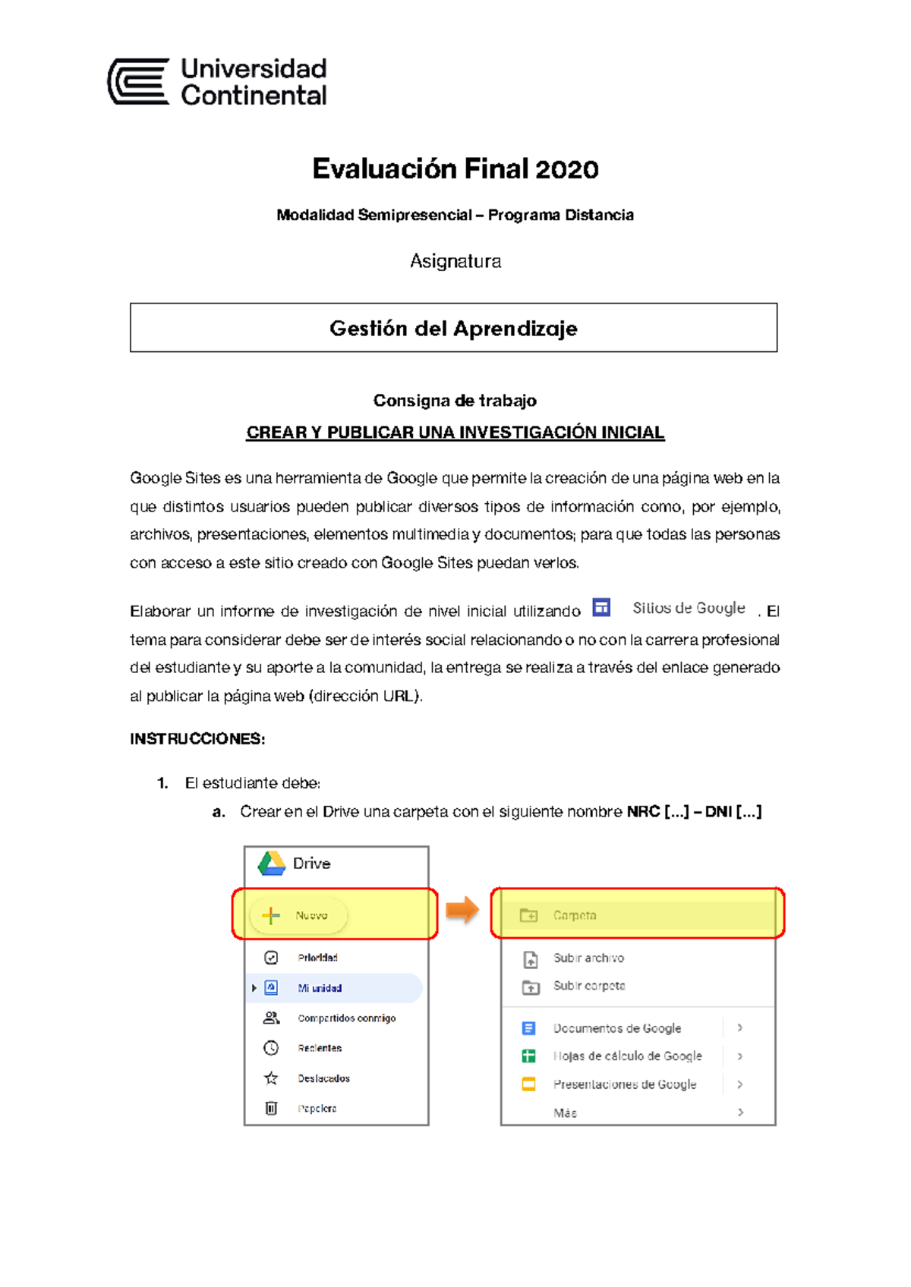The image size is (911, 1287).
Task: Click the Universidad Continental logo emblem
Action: pyautogui.click(x=139, y=81)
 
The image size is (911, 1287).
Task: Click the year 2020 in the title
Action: pyautogui.click(x=567, y=169)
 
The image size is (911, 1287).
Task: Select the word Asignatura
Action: pyautogui.click(x=455, y=262)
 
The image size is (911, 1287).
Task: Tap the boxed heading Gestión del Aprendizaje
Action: pyautogui.click(x=453, y=329)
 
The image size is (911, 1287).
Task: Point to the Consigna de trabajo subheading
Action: pyautogui.click(x=455, y=401)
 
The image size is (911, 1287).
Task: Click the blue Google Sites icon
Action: pyautogui.click(x=601, y=607)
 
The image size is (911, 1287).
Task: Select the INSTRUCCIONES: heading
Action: pyautogui.click(x=197, y=739)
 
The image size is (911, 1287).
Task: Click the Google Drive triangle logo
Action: pyautogui.click(x=271, y=864)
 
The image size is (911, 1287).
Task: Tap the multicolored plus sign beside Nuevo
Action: pyautogui.click(x=271, y=916)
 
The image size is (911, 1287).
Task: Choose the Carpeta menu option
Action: pyautogui.click(x=575, y=916)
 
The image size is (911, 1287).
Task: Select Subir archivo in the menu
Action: pyautogui.click(x=588, y=958)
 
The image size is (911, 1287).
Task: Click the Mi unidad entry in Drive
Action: pyautogui.click(x=320, y=988)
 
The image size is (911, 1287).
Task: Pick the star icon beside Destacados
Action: pyautogui.click(x=271, y=1078)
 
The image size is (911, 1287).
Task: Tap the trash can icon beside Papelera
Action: pyautogui.click(x=271, y=1109)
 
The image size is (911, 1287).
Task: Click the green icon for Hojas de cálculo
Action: pyautogui.click(x=529, y=1056)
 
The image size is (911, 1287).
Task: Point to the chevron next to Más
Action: pyautogui.click(x=740, y=1112)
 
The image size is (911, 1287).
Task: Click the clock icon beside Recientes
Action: pyautogui.click(x=271, y=1048)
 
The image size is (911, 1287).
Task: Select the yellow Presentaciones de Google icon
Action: pyautogui.click(x=529, y=1084)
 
